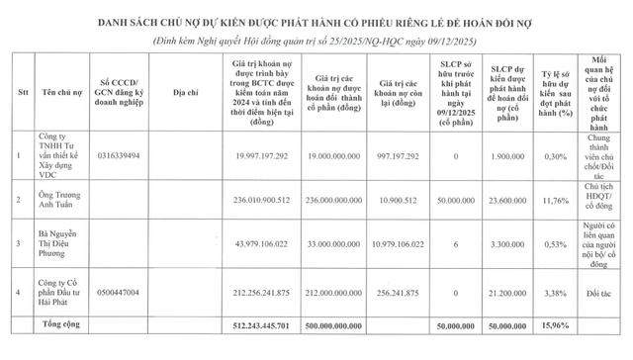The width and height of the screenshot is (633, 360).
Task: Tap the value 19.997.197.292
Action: pyautogui.click(x=255, y=155)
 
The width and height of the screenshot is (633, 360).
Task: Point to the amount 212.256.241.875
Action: pyautogui.click(x=255, y=292)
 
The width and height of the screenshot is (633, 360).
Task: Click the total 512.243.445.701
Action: pyautogui.click(x=255, y=324)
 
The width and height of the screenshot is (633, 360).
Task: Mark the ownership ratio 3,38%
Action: pyautogui.click(x=556, y=292)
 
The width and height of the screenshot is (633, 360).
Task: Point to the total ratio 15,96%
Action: pyautogui.click(x=556, y=324)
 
